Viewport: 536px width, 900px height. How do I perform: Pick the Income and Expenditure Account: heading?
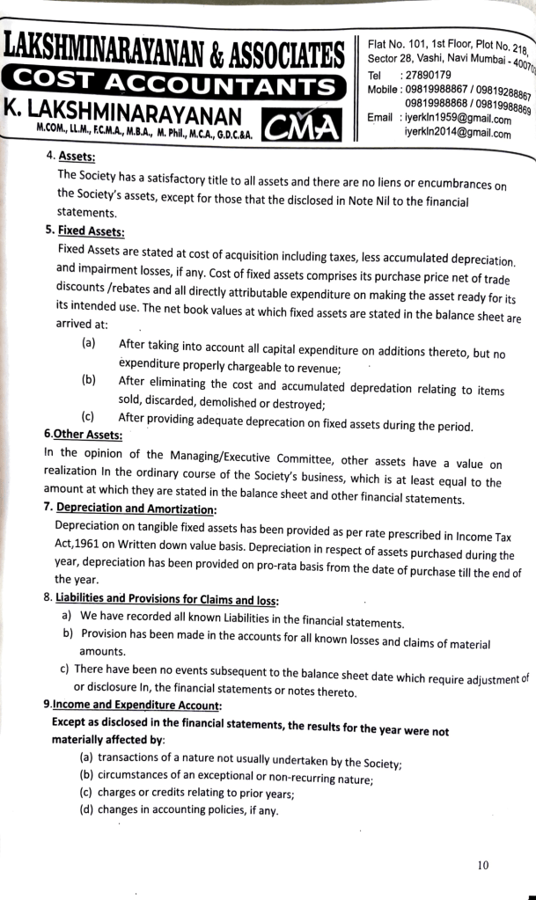(137, 706)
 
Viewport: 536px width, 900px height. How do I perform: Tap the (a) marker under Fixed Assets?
(88, 341)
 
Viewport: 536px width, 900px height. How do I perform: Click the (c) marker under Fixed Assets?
(88, 416)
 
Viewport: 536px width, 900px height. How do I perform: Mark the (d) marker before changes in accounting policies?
(86, 810)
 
